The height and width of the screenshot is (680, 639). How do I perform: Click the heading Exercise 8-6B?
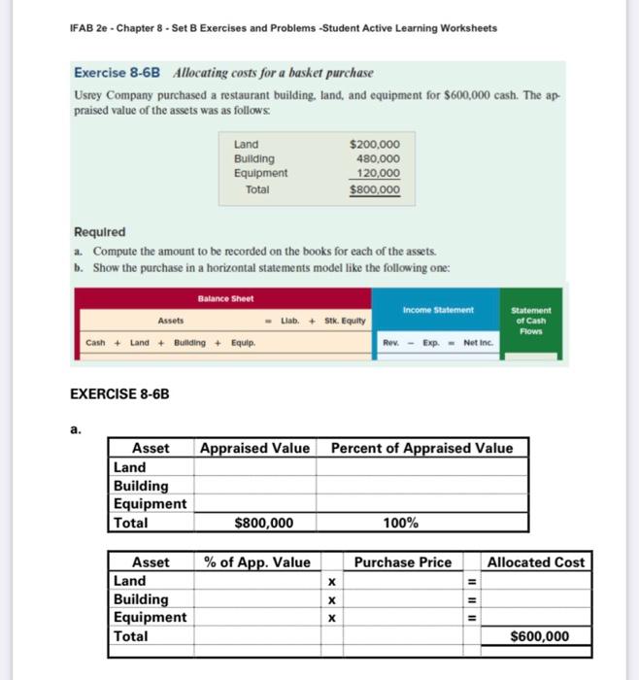click(x=118, y=74)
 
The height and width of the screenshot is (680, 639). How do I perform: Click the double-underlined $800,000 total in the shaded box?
click(x=374, y=190)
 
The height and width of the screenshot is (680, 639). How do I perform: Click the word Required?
click(x=100, y=232)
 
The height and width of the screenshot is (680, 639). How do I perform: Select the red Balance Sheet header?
click(x=224, y=299)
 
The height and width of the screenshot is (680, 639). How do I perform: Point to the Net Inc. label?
click(x=479, y=342)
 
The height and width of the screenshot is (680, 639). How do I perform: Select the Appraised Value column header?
click(x=254, y=448)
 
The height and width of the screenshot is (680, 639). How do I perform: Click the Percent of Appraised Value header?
click(x=421, y=448)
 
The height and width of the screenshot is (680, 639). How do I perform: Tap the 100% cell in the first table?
click(x=401, y=523)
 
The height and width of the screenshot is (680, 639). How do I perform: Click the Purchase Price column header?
click(x=402, y=562)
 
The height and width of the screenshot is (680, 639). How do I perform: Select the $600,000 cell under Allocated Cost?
click(x=540, y=637)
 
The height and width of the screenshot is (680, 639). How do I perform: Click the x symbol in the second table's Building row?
click(x=331, y=599)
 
